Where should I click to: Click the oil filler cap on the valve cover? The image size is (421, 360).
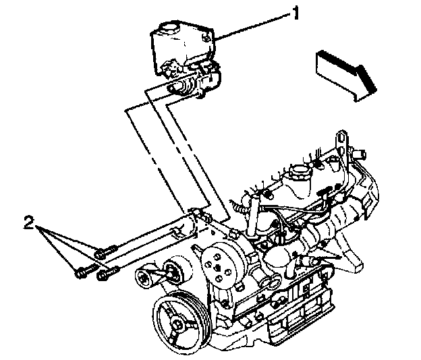click(x=297, y=175)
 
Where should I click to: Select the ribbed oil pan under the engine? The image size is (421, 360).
click(x=290, y=317)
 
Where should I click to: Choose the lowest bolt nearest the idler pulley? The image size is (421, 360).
click(x=106, y=275)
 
